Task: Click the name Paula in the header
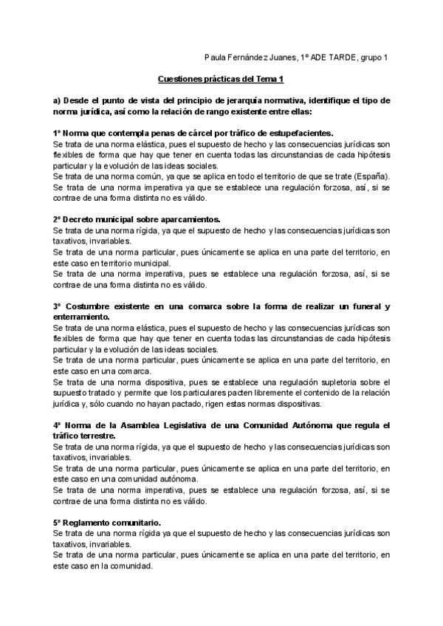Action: (x=214, y=57)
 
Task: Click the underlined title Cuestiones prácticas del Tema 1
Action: (x=221, y=78)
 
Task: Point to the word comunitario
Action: (x=138, y=522)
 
